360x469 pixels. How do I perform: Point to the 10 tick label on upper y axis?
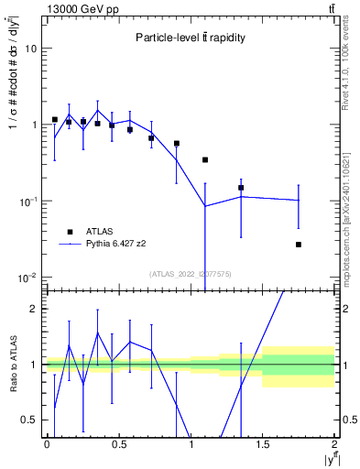pos(31,49)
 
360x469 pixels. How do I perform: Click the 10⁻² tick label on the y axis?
pos(29,277)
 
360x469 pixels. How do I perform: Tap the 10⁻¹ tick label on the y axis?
pos(29,201)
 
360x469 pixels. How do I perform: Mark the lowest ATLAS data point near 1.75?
pos(299,245)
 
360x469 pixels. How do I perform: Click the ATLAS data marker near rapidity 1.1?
pos(205,159)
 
